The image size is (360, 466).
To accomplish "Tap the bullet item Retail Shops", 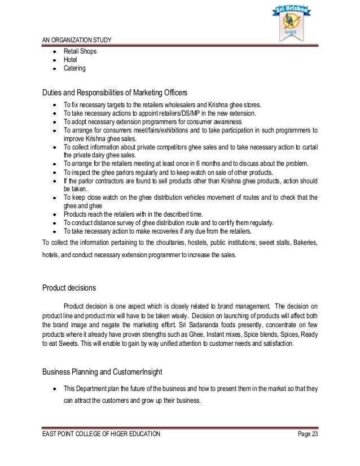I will (x=80, y=51).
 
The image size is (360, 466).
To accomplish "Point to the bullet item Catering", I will (x=74, y=68).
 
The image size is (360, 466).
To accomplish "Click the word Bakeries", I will (x=305, y=243).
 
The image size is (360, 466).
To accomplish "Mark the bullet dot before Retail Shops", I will (x=54, y=51).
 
